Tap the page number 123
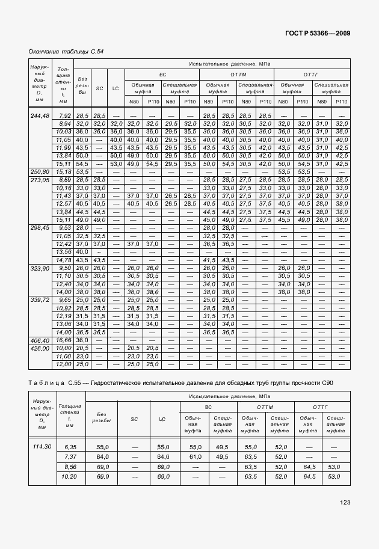344,502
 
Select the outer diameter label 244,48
39,115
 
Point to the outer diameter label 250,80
39,171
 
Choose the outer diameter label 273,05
39,179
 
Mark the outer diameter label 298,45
39,228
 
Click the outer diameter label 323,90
39,268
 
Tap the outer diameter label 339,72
39,299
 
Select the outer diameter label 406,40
39,340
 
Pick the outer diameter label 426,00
39,348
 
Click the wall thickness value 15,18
64,171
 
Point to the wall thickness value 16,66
64,340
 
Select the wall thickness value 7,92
65,115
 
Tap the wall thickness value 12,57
64,204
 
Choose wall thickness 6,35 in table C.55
70,447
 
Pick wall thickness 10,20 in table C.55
70,476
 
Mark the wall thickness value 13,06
64,324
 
